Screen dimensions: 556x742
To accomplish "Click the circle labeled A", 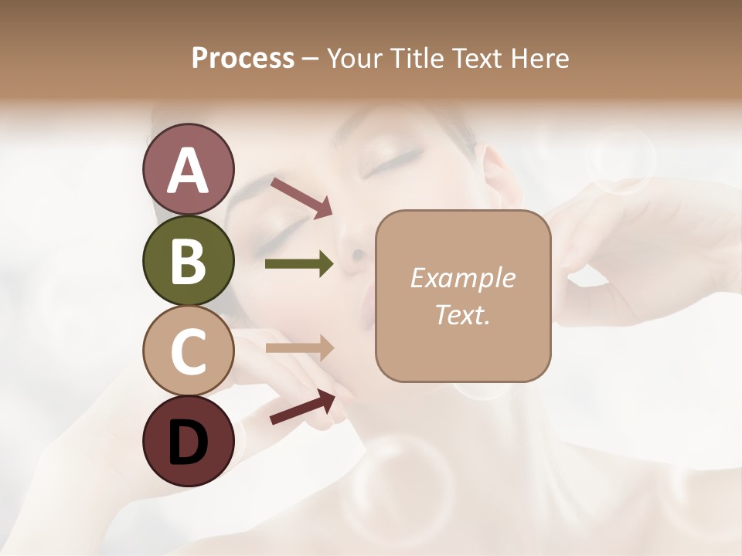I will [188, 169].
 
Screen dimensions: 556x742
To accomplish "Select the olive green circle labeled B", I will [188, 260].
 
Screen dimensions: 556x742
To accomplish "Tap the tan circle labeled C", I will [188, 351].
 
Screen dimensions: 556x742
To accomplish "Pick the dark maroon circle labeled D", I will [188, 441].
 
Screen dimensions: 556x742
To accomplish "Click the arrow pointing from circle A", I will [301, 198].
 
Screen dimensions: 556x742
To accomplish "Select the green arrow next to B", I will [299, 264].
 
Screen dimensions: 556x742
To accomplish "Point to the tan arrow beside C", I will [299, 348].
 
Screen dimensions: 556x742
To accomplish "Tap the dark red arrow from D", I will [302, 407].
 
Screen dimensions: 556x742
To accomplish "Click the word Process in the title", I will [243, 58].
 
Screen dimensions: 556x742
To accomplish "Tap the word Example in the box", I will [462, 278].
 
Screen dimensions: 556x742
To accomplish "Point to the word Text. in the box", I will [462, 314].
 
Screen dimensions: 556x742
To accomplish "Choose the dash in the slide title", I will [311, 59].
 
